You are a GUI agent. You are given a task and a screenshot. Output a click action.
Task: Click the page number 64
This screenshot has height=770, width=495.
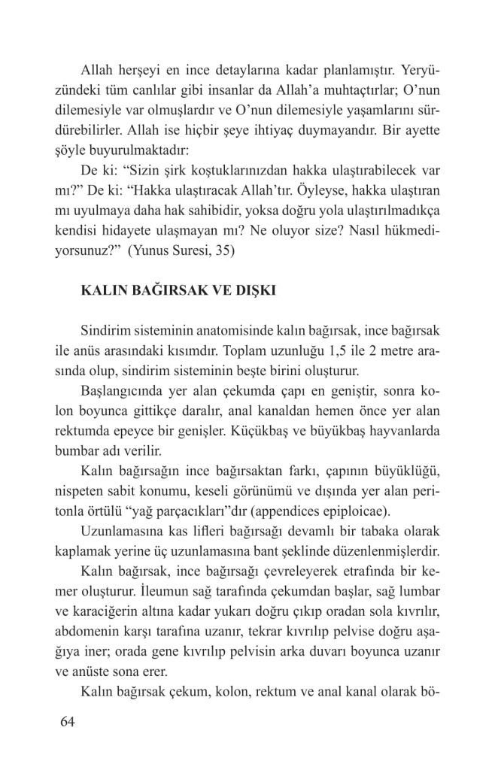pos(67,722)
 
